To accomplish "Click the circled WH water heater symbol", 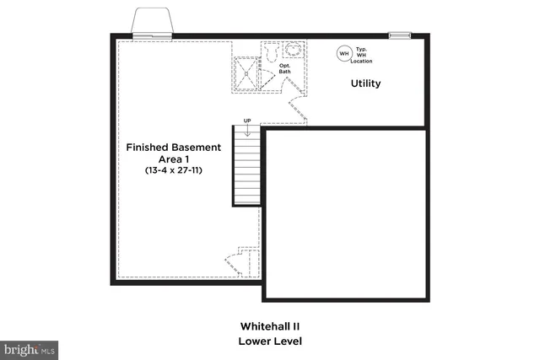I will pyautogui.click(x=343, y=53).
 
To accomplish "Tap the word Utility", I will pyautogui.click(x=365, y=83).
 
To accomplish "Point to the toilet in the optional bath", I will pyautogui.click(x=270, y=52).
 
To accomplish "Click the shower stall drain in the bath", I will pyautogui.click(x=247, y=71).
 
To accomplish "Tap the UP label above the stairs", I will pyautogui.click(x=247, y=120).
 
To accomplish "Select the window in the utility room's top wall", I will pyautogui.click(x=399, y=35).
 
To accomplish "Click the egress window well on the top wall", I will pyautogui.click(x=153, y=23).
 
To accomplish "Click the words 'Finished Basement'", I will pyautogui.click(x=174, y=147).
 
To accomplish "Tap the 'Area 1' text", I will pyautogui.click(x=175, y=159).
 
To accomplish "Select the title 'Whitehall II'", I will pyautogui.click(x=269, y=325).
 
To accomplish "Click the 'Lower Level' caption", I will pyautogui.click(x=269, y=341).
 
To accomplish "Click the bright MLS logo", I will pyautogui.click(x=30, y=349).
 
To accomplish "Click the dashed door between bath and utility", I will pyautogui.click(x=297, y=107).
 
